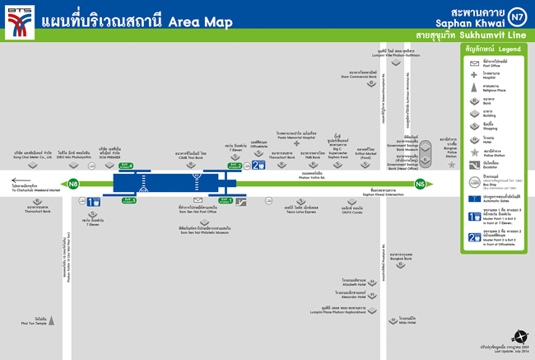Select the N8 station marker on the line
74,183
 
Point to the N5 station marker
421,183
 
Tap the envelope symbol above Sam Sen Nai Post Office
198,201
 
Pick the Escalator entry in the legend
486,163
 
